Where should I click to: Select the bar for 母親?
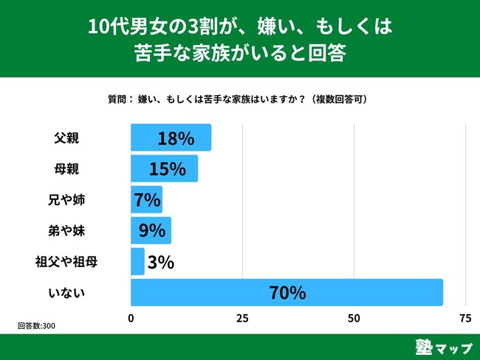pyautogui.click(x=140, y=169)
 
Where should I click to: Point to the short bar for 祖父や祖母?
pyautogui.click(x=137, y=262)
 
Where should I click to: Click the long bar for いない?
pyautogui.click(x=222, y=293)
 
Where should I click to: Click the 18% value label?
pyautogui.click(x=175, y=138)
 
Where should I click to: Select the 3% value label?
pyautogui.click(x=161, y=262)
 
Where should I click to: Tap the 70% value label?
pyautogui.click(x=287, y=293)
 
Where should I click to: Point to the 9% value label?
pyautogui.click(x=151, y=231)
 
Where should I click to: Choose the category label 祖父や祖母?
pyautogui.click(x=66, y=262)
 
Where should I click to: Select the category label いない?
pyautogui.click(x=66, y=293)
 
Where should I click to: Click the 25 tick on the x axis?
pyautogui.click(x=242, y=319)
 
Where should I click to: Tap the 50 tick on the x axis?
pyautogui.click(x=354, y=319)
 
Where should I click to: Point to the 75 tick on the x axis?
pyautogui.click(x=465, y=319)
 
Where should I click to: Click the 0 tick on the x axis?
pyautogui.click(x=131, y=319)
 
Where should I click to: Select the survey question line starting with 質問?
pyautogui.click(x=238, y=98)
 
